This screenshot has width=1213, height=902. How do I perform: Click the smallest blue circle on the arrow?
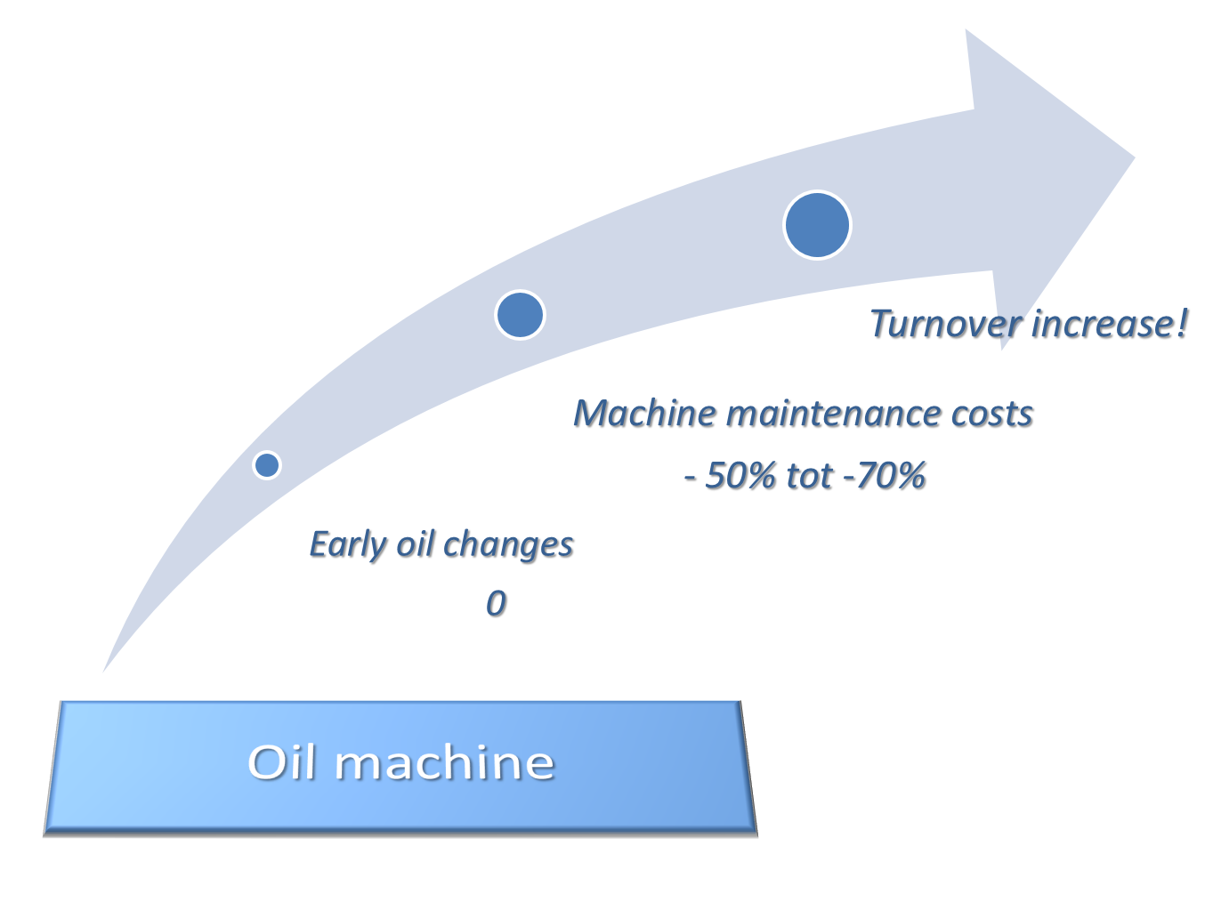[x=267, y=465]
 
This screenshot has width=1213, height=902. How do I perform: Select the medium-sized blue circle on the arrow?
[x=520, y=315]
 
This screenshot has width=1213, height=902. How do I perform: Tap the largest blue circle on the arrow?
[x=817, y=225]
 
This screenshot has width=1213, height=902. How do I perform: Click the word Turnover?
[x=946, y=324]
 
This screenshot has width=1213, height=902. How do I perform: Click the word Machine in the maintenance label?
[x=644, y=413]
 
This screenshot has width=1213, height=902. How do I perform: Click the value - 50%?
[x=730, y=475]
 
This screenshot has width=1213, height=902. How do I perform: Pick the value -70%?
[x=885, y=475]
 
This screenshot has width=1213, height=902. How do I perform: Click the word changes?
[x=508, y=545]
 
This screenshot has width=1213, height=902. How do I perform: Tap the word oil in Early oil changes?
[x=415, y=544]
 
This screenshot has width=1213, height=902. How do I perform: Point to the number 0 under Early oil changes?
[x=496, y=603]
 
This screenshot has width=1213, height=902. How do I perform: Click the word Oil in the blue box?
[x=281, y=762]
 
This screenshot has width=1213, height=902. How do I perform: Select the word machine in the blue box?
[x=445, y=762]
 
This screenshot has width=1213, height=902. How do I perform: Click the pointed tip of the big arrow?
[x=1135, y=157]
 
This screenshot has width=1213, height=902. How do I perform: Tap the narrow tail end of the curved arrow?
[x=103, y=672]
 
